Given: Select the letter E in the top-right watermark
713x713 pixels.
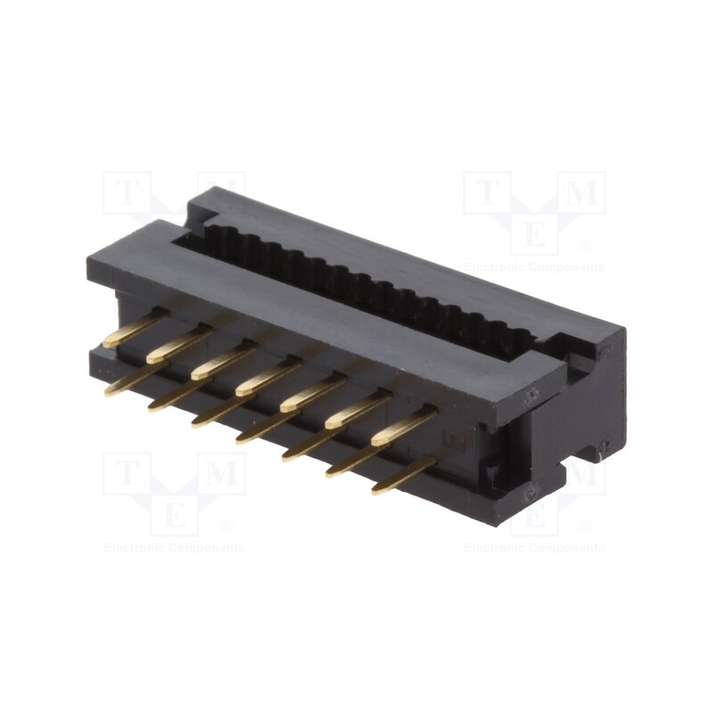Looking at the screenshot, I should click(534, 234).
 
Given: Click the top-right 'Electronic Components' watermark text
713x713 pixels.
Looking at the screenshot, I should click(534, 267).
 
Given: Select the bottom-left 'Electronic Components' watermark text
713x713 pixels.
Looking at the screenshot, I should click(174, 547).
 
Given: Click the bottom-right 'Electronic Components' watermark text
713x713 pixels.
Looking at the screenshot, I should click(534, 547).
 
